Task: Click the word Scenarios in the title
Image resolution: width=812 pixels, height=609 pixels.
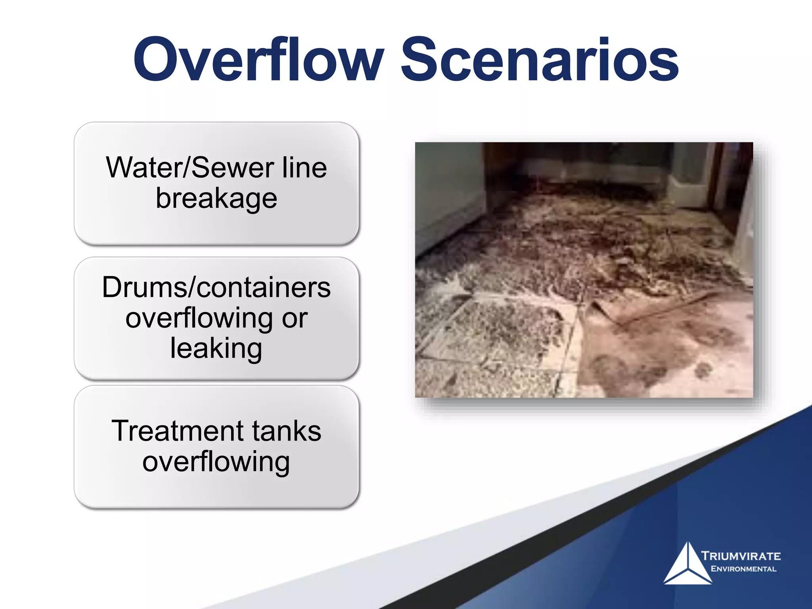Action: [540, 59]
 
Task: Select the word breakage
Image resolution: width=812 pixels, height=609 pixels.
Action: [216, 198]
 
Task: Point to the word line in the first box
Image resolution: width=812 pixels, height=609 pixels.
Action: [304, 168]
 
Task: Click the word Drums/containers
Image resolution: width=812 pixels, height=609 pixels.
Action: [216, 287]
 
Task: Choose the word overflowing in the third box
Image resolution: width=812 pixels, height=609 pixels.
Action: [216, 462]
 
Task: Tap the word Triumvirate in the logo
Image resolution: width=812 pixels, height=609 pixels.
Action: [741, 556]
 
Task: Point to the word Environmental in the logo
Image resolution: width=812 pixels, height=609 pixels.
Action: [743, 569]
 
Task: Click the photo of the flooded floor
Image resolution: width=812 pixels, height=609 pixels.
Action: [584, 270]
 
